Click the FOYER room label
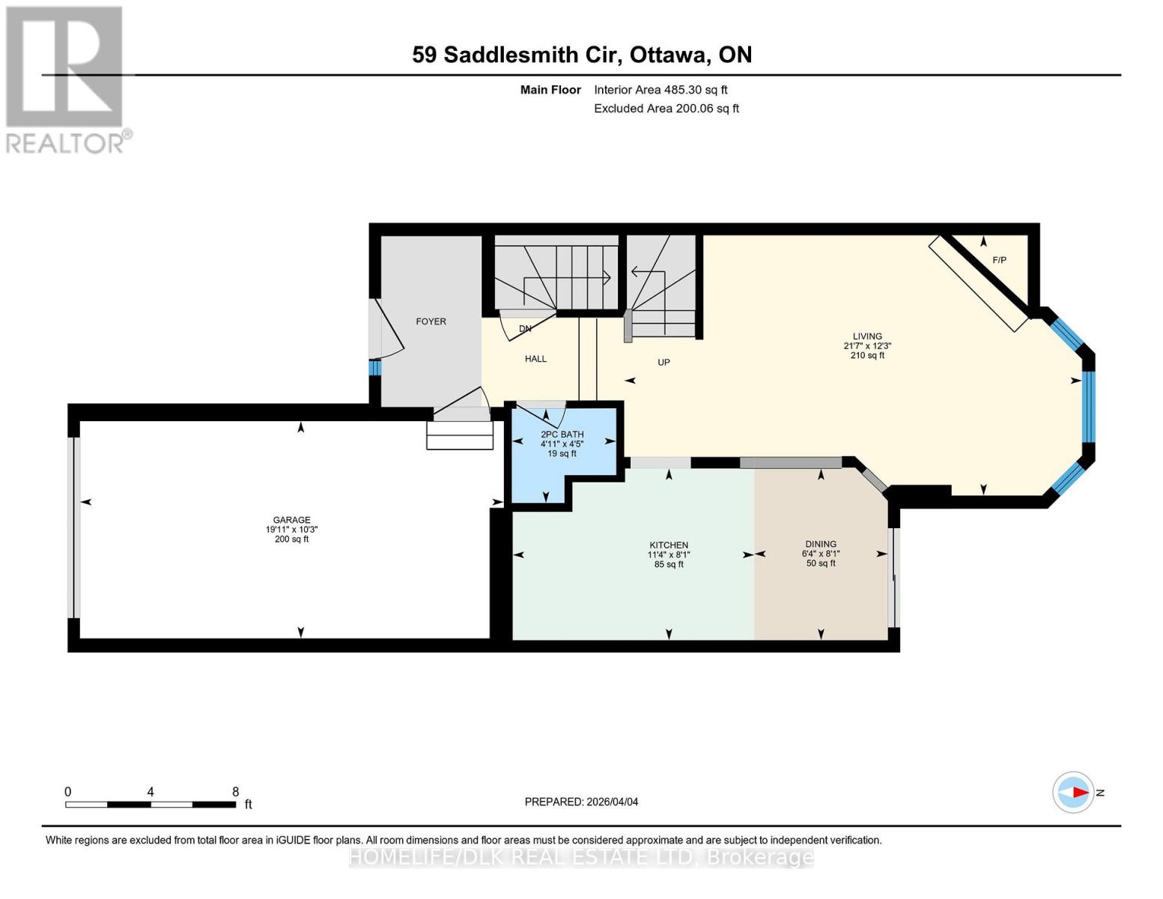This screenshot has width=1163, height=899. click(x=431, y=321)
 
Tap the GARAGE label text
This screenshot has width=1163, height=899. click(x=291, y=520)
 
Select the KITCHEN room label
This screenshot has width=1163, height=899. click(x=669, y=545)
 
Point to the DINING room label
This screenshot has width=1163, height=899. click(x=821, y=544)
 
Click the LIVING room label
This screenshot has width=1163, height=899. click(x=867, y=336)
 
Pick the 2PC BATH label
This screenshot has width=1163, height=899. click(x=562, y=435)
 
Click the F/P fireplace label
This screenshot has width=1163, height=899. click(x=999, y=260)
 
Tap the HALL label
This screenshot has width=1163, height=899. click(x=535, y=359)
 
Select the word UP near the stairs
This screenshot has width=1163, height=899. click(x=664, y=363)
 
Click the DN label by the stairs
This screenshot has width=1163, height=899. click(x=525, y=329)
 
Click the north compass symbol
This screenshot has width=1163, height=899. click(x=1074, y=792)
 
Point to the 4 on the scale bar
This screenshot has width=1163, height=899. click(x=151, y=792)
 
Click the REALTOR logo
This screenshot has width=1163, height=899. click(x=66, y=79)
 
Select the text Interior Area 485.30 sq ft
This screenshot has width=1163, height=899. click(x=661, y=90)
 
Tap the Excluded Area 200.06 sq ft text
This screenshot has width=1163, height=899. click(x=666, y=109)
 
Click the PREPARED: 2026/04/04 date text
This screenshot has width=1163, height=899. click(x=581, y=802)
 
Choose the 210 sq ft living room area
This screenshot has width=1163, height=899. click(x=867, y=355)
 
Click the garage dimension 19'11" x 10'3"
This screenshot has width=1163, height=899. click(x=291, y=530)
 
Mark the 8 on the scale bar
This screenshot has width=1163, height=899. click(x=235, y=792)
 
